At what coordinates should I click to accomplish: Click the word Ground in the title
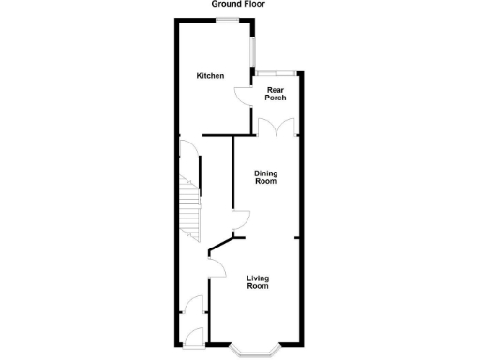[224, 5]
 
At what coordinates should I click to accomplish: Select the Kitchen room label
[210, 75]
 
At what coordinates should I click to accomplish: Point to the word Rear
[276, 90]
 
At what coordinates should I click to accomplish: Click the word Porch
[276, 97]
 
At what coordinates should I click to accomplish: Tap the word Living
[258, 277]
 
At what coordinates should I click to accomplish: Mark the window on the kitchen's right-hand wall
[252, 46]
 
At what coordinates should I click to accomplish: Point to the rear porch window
[279, 72]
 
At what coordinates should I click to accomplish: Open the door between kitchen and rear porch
[242, 96]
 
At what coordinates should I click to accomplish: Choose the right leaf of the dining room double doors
[289, 127]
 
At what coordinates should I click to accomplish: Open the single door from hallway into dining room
[241, 220]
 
